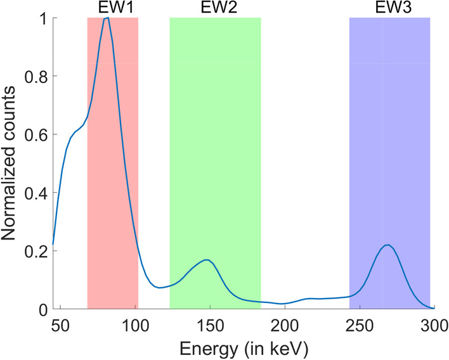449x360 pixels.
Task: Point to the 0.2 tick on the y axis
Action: click(35, 251)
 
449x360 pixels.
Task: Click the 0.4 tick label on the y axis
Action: click(35, 193)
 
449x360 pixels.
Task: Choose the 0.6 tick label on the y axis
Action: click(35, 134)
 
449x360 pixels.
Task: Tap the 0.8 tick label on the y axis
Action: click(35, 76)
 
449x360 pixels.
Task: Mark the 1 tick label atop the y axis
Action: click(41, 18)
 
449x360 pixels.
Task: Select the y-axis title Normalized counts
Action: click(11, 164)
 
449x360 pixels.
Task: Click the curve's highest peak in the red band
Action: click(107, 18)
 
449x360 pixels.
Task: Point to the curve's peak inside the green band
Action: click(206, 260)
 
